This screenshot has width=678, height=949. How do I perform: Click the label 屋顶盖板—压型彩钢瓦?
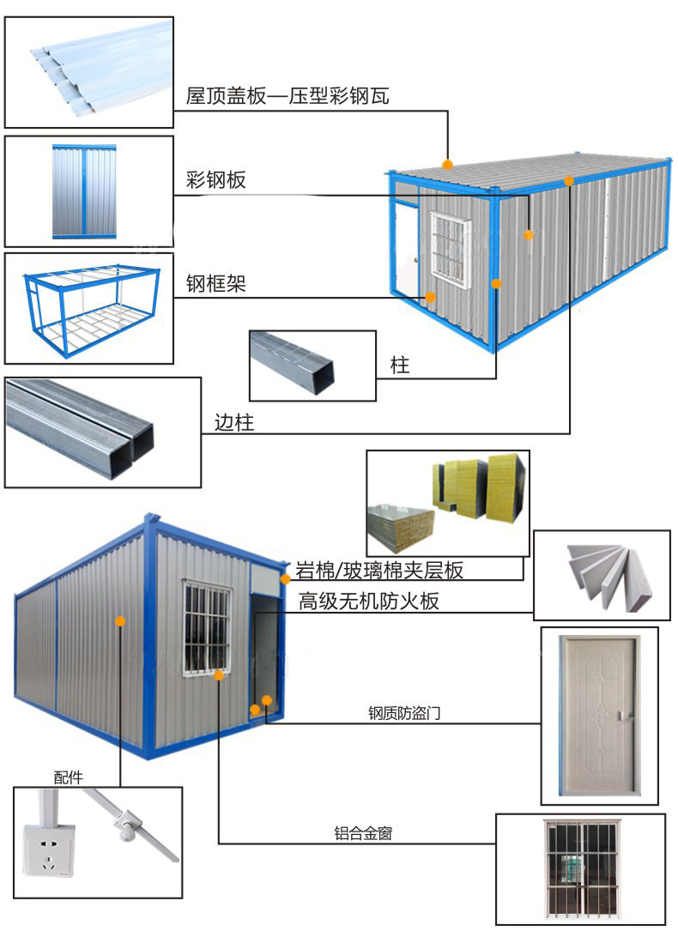288,95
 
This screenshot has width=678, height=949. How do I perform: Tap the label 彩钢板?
216,180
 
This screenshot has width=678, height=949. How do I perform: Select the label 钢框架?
216,284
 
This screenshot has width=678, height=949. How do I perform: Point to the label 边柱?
233,421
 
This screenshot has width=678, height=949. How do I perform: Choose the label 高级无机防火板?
368,601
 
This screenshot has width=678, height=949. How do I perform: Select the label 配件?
69,777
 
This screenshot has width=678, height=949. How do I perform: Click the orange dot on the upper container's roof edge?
448,163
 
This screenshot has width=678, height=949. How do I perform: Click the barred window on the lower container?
207,628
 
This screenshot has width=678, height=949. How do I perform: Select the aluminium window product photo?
581,868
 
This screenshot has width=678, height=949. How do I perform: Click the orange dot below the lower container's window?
219,674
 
